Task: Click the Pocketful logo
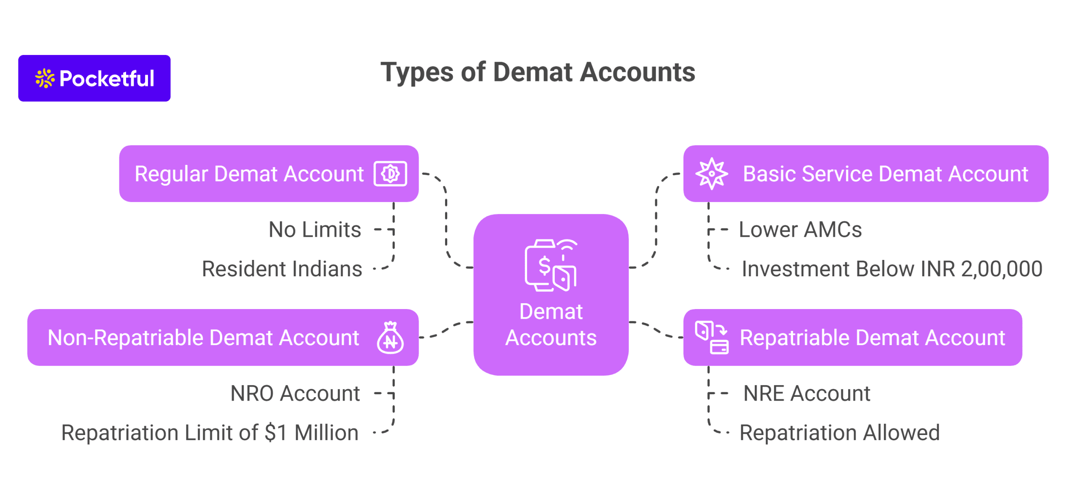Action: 94,78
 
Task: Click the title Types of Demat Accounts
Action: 537,72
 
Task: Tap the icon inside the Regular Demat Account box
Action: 390,173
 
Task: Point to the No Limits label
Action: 314,230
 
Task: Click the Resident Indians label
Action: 282,269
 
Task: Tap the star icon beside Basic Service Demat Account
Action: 711,173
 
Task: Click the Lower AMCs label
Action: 800,230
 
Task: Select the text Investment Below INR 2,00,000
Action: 891,269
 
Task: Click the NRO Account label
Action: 295,393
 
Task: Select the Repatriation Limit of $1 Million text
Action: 210,432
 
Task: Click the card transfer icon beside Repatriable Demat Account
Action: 711,337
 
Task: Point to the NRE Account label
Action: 806,393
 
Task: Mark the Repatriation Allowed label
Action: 839,432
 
